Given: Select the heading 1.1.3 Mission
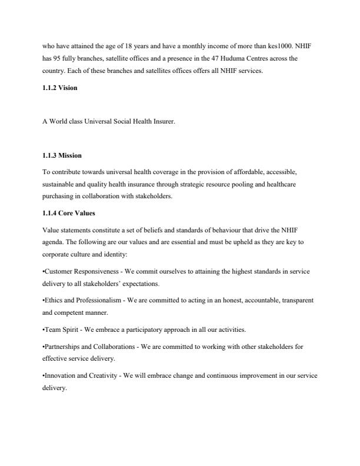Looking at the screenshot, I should point(62,155).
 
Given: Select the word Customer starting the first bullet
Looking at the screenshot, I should point(58,271).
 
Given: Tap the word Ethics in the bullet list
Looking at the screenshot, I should point(53,300).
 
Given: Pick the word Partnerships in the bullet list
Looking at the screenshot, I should point(62,347).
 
